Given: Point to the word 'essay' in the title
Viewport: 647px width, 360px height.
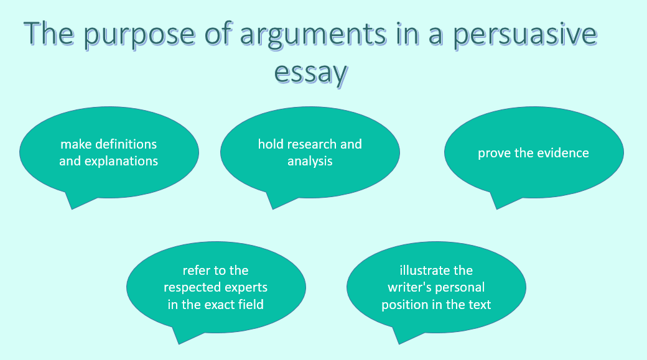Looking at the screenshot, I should click(310, 73).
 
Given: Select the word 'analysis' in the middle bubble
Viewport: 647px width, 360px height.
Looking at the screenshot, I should click(310, 161).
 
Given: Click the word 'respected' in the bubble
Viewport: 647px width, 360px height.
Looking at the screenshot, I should click(190, 288).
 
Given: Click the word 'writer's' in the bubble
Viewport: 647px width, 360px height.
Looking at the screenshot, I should click(409, 288).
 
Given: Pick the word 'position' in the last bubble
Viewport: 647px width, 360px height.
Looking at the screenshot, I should click(404, 305).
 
